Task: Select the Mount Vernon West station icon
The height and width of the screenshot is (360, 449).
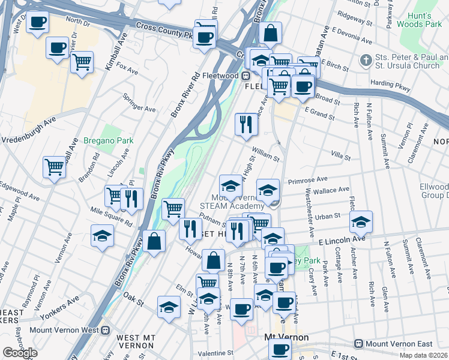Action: pyautogui.click(x=106, y=329)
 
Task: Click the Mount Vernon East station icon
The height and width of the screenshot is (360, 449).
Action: pyautogui.click(x=358, y=344)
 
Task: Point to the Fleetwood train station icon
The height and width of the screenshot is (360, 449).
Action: pyautogui.click(x=246, y=76)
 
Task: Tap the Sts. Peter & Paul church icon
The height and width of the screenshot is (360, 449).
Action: pyautogui.click(x=365, y=61)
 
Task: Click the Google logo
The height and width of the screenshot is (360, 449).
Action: pyautogui.click(x=20, y=353)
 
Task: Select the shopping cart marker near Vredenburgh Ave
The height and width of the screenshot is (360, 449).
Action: pyautogui.click(x=53, y=166)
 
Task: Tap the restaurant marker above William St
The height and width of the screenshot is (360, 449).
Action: pyautogui.click(x=246, y=124)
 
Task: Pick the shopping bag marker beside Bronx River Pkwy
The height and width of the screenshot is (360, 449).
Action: pyautogui.click(x=154, y=241)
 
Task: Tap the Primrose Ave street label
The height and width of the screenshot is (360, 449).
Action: pyautogui.click(x=307, y=179)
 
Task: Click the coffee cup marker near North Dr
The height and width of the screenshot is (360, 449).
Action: pyautogui.click(x=38, y=23)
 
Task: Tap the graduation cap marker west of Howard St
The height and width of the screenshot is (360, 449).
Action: pyautogui.click(x=102, y=235)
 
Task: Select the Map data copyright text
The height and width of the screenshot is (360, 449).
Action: pyautogui.click(x=424, y=355)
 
